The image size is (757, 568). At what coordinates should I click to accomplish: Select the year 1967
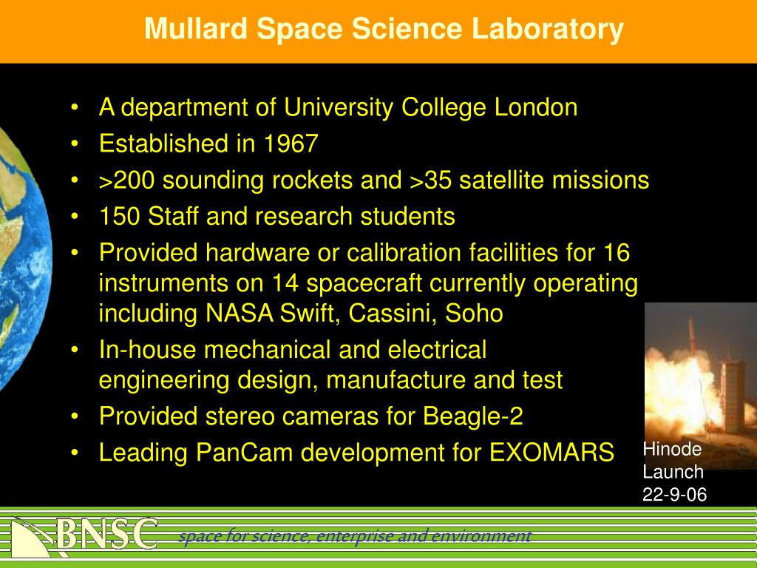pos(291,143)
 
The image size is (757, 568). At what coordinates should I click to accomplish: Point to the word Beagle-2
pos(472,417)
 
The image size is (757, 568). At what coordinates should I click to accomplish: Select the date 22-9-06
pos(674,495)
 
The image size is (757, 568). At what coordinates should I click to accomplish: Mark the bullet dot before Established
pos(75,144)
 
